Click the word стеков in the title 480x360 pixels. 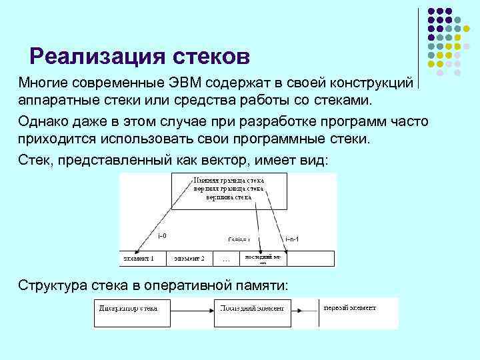click(x=211, y=56)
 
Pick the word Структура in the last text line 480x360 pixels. click(x=54, y=285)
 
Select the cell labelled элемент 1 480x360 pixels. click(x=139, y=258)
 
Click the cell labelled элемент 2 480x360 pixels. click(x=189, y=258)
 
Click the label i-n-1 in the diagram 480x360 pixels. click(x=291, y=238)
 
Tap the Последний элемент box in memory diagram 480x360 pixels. click(x=253, y=309)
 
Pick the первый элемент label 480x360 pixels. click(x=349, y=308)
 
